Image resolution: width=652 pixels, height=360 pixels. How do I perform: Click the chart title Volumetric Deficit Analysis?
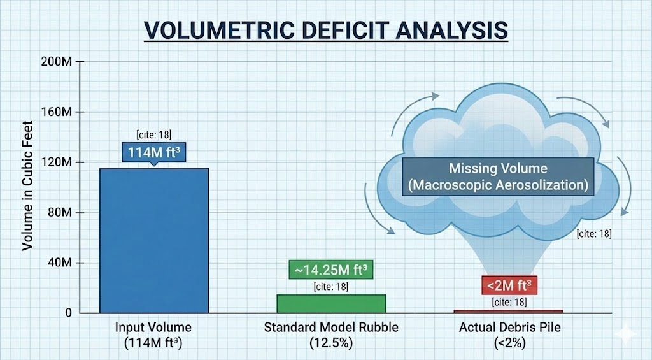[x=325, y=30]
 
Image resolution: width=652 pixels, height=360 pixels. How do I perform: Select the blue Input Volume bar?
[x=153, y=240]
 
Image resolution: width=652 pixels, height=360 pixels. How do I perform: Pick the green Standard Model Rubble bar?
[x=331, y=303]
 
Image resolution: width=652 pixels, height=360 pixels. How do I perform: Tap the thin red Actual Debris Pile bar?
[x=508, y=311]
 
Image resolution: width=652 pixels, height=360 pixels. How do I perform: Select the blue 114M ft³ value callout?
[x=153, y=153]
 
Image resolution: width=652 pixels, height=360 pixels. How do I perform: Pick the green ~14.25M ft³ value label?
[x=330, y=269]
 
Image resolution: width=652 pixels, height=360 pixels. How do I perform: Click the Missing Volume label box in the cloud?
[x=498, y=178]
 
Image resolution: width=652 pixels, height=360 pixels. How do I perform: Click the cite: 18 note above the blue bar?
[x=153, y=134]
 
